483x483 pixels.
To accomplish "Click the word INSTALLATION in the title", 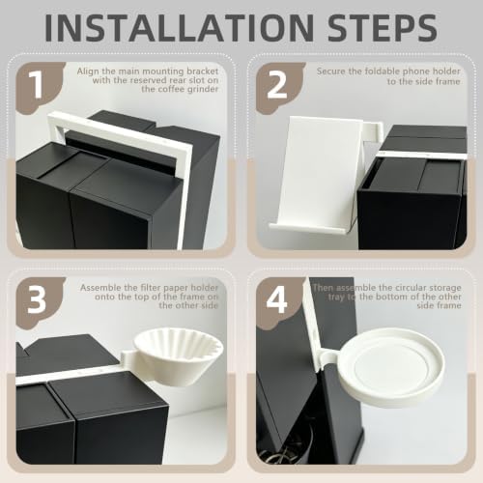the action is (x=179, y=27).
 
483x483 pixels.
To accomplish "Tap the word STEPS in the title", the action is (x=383, y=27).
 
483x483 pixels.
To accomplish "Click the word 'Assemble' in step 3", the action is (x=99, y=288).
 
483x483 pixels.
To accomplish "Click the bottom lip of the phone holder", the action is (x=308, y=228).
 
